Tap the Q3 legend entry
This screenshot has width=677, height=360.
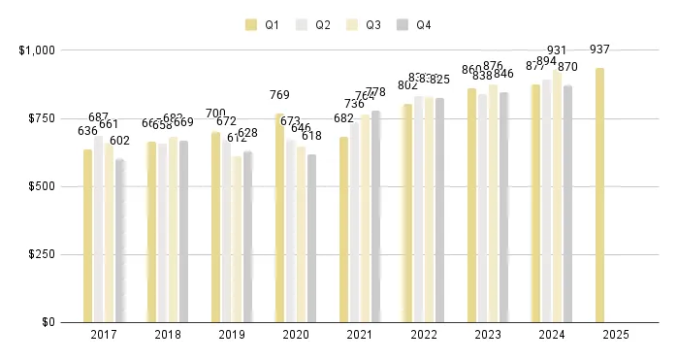pyautogui.click(x=364, y=24)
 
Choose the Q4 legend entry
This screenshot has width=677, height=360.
pyautogui.click(x=414, y=24)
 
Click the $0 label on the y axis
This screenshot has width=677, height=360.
pyautogui.click(x=48, y=322)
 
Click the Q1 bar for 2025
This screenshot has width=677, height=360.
pyautogui.click(x=600, y=194)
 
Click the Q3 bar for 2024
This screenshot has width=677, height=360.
pyautogui.click(x=558, y=195)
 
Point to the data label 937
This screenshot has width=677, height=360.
pyautogui.click(x=599, y=49)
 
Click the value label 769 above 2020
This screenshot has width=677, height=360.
pyautogui.click(x=279, y=95)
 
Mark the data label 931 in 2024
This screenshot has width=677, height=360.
pyautogui.click(x=558, y=50)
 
